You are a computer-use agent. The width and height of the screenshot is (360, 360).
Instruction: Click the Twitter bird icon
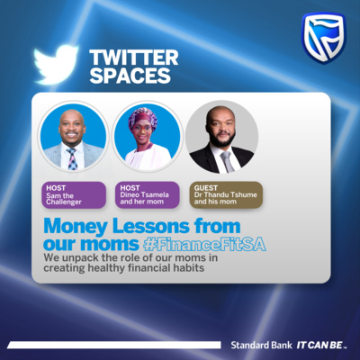(56, 64)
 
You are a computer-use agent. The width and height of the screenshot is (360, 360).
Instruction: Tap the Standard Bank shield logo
(323, 38)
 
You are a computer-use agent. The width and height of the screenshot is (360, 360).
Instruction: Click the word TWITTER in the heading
(134, 58)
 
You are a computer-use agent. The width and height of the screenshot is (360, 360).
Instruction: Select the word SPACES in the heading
(130, 76)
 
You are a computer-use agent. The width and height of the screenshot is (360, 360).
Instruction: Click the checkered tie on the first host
(72, 159)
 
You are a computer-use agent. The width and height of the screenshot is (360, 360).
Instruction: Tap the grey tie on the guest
(227, 161)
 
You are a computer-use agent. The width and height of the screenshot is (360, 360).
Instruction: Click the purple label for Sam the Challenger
(74, 195)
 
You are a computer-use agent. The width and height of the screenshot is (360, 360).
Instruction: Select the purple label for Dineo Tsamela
(148, 194)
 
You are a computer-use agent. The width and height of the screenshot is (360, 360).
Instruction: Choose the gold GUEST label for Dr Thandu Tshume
(226, 194)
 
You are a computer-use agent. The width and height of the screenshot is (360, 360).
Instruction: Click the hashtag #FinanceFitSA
(204, 244)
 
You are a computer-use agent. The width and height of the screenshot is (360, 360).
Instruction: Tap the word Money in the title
(76, 227)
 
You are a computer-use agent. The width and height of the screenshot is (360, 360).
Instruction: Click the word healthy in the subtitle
(106, 268)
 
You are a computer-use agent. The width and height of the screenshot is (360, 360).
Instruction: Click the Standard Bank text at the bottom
(261, 345)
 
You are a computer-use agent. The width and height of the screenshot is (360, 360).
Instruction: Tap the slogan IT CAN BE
(321, 346)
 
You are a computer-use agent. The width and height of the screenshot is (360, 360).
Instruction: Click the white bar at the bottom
(114, 345)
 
